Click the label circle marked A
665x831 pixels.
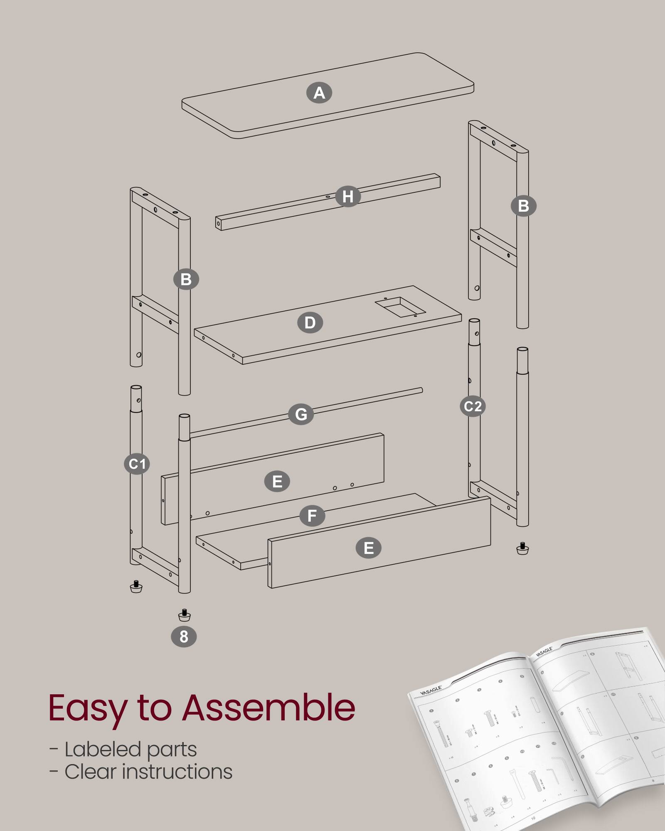pos(319,93)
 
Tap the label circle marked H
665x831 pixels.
pos(347,197)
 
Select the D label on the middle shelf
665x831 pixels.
pos(310,323)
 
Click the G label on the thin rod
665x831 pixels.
pos(301,414)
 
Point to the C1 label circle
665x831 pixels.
pos(137,464)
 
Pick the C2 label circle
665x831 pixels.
pos(473,406)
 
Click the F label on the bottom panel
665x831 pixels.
pos(312,516)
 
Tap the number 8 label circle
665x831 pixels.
pos(184,637)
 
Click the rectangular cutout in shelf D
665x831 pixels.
pos(400,307)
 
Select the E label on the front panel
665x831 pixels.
pos(368,548)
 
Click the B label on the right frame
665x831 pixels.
pos(523,206)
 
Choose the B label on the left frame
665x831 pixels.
pos(186,279)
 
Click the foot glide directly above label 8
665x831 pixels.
pos(184,615)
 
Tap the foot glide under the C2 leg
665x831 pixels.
pos(522,548)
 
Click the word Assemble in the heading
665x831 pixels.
pos(268,708)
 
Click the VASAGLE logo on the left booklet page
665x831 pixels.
pos(430,691)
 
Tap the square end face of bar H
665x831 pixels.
pos(218,224)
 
